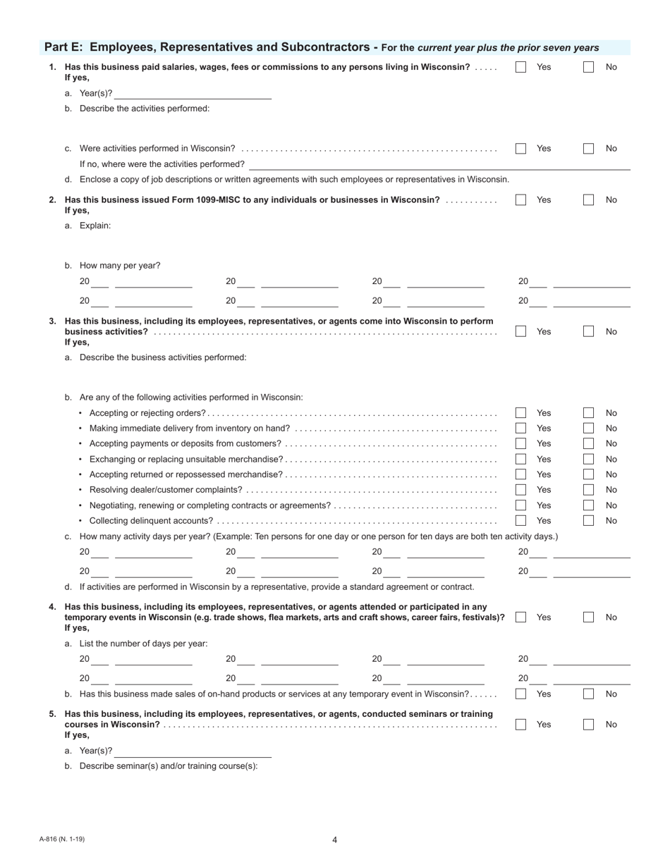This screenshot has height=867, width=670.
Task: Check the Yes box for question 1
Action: pyautogui.click(x=520, y=67)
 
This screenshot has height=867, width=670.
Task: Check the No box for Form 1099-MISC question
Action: pyautogui.click(x=588, y=199)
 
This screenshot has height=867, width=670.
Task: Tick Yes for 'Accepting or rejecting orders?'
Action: pyautogui.click(x=520, y=413)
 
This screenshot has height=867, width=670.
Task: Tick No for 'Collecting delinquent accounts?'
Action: pyautogui.click(x=588, y=521)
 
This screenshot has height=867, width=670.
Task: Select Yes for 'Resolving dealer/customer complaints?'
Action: pyautogui.click(x=520, y=490)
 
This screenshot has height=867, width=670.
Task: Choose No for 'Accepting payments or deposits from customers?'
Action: pyautogui.click(x=588, y=443)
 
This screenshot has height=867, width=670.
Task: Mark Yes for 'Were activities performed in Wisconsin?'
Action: pyautogui.click(x=520, y=149)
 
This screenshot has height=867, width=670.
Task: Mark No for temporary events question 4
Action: pyautogui.click(x=588, y=617)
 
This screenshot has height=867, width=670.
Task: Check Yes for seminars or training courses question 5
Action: pyautogui.click(x=520, y=725)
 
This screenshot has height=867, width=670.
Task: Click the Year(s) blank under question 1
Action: pyautogui.click(x=193, y=94)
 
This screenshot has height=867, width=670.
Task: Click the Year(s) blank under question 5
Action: pyautogui.click(x=193, y=751)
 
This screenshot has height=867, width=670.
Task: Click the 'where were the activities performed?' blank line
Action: pyautogui.click(x=444, y=165)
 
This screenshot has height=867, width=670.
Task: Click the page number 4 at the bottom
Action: pyautogui.click(x=335, y=840)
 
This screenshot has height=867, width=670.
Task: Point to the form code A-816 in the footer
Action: pyautogui.click(x=62, y=839)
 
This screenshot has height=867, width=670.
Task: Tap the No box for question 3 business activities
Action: pyautogui.click(x=588, y=331)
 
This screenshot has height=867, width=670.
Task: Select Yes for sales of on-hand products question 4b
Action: pyautogui.click(x=520, y=694)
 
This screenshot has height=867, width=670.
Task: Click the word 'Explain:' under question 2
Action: pyautogui.click(x=95, y=226)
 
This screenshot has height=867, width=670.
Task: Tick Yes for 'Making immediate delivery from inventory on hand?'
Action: pyautogui.click(x=520, y=429)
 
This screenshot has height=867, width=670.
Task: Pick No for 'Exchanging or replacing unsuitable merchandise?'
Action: pyautogui.click(x=588, y=460)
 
